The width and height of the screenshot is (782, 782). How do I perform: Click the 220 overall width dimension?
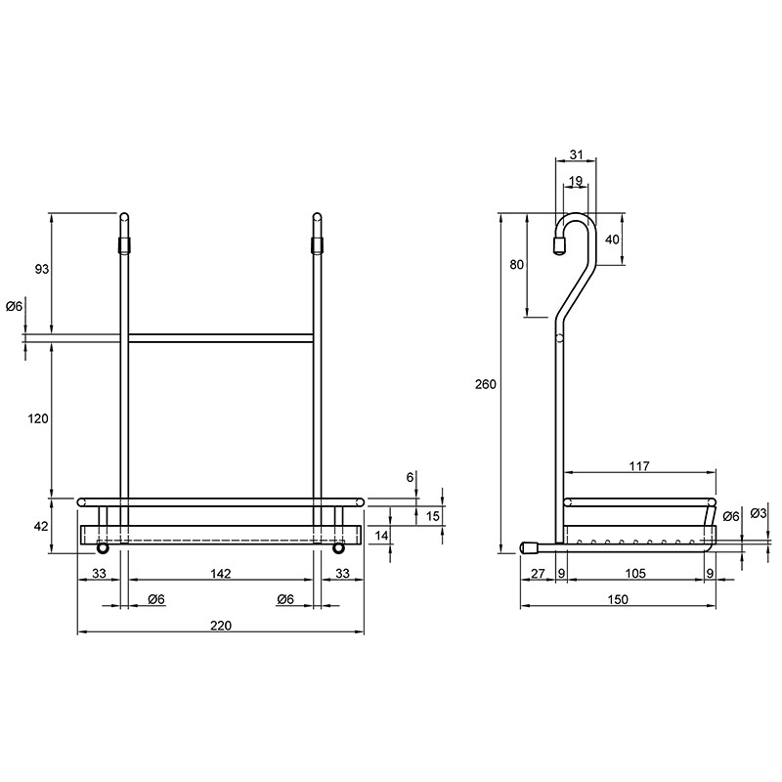221,626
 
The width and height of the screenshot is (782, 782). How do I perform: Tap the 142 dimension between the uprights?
221,574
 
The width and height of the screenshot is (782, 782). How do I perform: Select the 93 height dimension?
42,269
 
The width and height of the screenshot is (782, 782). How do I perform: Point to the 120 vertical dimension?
38,418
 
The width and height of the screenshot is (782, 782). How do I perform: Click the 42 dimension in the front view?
41,526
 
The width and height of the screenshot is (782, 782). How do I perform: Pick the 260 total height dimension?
486,384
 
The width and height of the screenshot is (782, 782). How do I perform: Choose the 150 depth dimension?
618,599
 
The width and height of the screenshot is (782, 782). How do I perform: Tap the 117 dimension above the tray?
639,466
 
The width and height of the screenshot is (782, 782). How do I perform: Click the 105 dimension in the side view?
634,574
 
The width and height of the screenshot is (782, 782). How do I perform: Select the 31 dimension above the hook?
576,154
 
